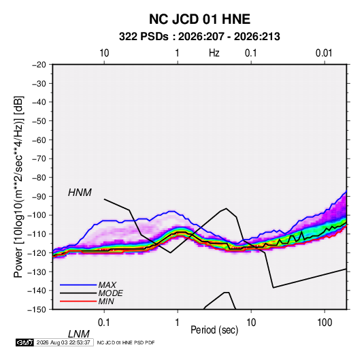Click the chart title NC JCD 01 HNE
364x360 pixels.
199,19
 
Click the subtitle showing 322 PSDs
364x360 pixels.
199,37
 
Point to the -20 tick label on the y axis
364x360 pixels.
39,65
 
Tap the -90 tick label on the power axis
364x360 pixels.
39,196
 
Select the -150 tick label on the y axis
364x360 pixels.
37,310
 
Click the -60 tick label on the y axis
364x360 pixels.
39,140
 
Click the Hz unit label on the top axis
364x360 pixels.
214,53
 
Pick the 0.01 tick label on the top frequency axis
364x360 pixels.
324,53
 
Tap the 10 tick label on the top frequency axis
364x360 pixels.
104,53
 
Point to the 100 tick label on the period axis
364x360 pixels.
325,323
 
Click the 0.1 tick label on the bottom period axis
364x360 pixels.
103,323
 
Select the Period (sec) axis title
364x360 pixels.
214,330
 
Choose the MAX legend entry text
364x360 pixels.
107,284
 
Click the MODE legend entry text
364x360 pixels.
110,293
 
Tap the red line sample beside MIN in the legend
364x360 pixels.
78,301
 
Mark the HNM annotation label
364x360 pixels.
80,193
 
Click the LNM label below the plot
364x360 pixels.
79,334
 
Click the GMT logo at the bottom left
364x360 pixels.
25,342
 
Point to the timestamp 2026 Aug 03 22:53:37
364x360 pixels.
63,342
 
